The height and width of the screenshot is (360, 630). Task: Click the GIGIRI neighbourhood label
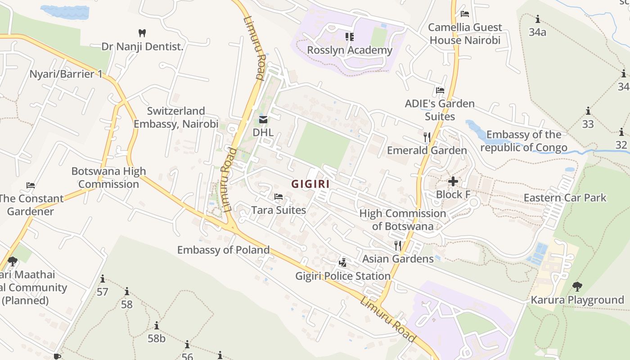point(310,184)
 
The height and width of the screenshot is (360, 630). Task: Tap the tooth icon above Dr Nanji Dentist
point(142,33)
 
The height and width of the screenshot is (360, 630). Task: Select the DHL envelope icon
point(263,120)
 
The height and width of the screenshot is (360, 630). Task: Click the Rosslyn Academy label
point(350,50)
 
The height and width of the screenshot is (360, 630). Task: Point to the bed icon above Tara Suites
point(279,197)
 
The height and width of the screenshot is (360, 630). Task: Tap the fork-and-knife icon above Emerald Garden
point(427,137)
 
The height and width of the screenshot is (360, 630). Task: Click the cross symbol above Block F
point(453,181)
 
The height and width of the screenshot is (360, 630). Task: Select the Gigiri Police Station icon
point(343,262)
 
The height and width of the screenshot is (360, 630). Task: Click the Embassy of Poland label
point(223,250)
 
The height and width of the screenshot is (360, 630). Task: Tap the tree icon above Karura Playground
point(577,286)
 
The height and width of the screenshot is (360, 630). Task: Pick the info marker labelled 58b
point(157,325)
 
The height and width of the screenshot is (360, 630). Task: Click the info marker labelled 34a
point(537,19)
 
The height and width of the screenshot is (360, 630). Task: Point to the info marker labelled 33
point(588,111)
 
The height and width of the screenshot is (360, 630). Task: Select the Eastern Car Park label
point(565,198)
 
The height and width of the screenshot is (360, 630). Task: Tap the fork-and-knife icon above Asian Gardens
point(398,245)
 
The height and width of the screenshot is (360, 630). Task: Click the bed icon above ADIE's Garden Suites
point(440,90)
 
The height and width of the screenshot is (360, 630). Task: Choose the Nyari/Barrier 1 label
point(66,74)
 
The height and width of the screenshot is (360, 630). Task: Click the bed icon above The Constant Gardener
point(31,185)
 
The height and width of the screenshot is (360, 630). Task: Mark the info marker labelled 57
point(103,279)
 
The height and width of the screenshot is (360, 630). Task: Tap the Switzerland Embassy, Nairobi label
point(176,117)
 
